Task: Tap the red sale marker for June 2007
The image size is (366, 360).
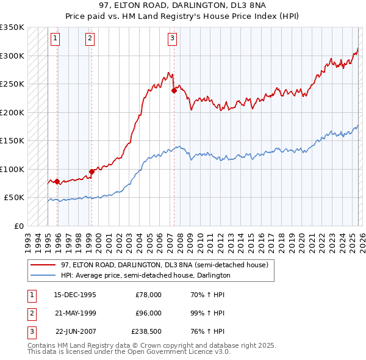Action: tap(174, 90)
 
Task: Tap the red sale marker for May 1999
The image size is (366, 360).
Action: tap(91, 171)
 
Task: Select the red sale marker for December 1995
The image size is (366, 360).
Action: tap(57, 181)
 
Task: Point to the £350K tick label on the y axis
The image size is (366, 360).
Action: tap(12, 27)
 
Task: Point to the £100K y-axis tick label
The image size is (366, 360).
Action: tap(12, 169)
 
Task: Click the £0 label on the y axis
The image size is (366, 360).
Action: tap(18, 226)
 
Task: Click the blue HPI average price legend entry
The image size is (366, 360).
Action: tap(145, 275)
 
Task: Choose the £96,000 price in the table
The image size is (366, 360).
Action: tap(148, 313)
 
